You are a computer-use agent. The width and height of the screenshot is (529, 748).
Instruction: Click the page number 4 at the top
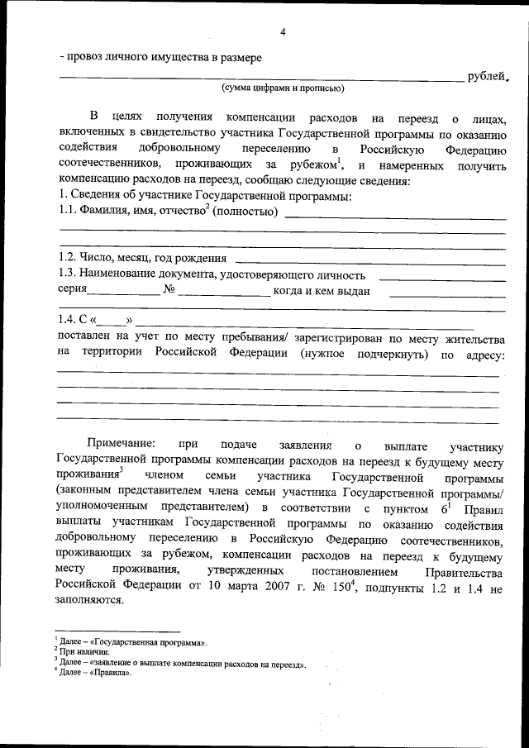283,32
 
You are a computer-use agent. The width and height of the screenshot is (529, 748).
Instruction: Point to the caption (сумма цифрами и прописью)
283,88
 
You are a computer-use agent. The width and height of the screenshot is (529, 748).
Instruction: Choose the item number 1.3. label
71,275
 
